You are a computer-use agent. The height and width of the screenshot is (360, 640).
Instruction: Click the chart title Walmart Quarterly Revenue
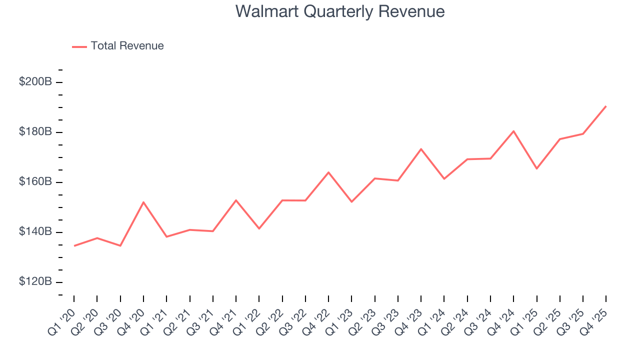coord(340,11)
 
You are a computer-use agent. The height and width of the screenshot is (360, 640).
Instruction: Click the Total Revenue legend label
coord(127,46)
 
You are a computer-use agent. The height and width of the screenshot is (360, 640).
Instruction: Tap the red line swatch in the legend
coord(79,46)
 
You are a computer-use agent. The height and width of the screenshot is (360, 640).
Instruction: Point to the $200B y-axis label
coord(35,81)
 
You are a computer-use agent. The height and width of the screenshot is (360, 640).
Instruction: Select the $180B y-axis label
coord(35,131)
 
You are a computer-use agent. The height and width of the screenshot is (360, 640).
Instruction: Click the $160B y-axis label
coord(35,181)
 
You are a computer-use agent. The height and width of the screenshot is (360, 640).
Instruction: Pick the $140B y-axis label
coord(35,231)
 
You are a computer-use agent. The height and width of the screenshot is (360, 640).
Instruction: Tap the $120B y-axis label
coord(35,281)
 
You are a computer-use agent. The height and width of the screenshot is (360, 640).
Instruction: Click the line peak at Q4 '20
coord(143,202)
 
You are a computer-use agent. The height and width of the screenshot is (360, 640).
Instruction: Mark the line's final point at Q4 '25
coord(606,106)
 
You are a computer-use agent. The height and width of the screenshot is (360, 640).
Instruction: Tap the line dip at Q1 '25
coord(536,168)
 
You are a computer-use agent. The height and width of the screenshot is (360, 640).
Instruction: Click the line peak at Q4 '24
coord(513,131)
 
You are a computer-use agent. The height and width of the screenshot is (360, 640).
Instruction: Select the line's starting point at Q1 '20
coord(74,245)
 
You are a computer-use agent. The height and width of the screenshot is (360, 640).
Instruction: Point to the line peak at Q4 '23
coord(421,149)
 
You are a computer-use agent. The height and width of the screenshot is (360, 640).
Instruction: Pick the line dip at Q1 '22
coord(259,228)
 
